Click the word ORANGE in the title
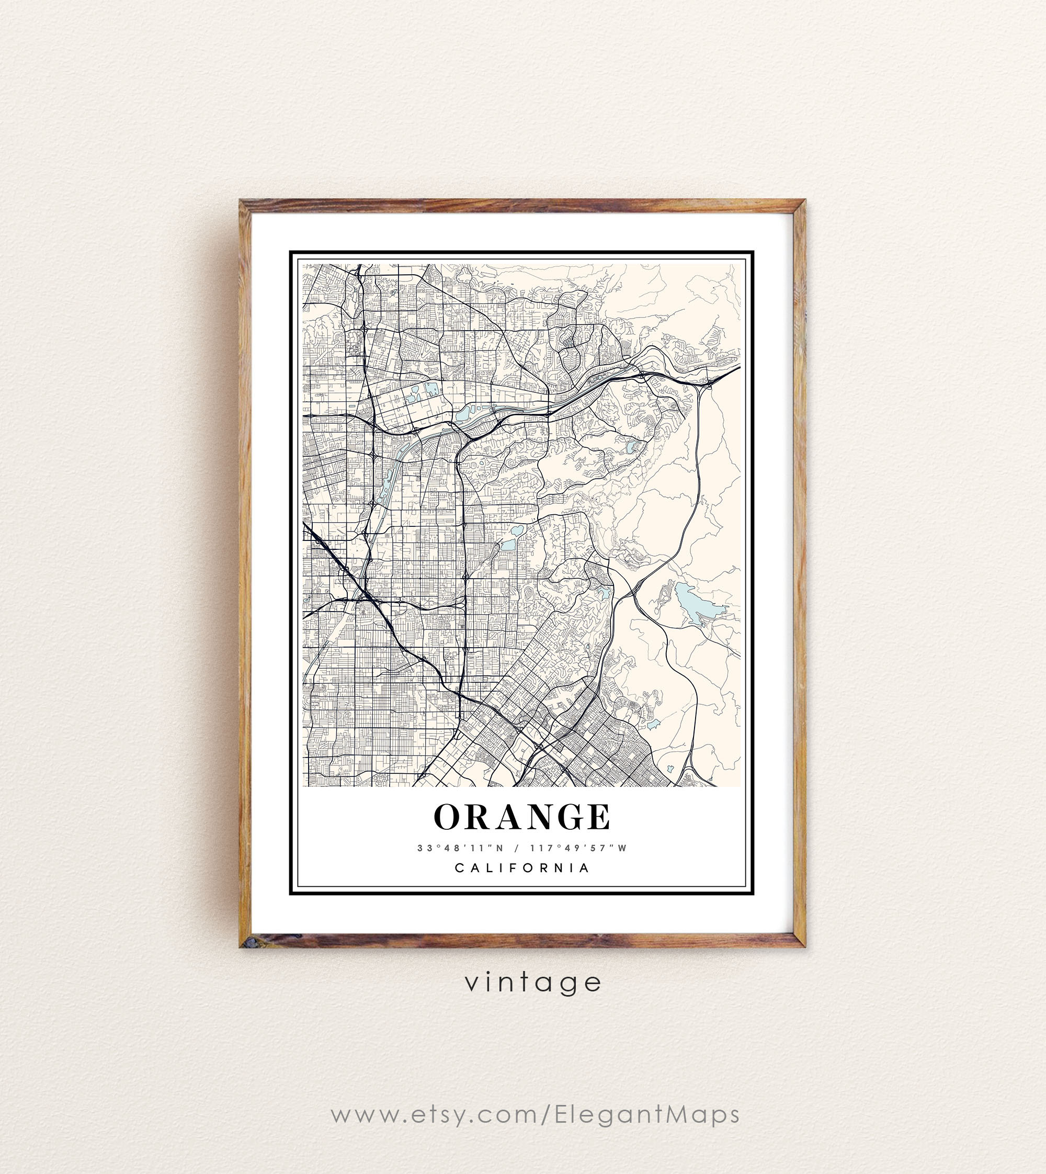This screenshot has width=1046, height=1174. pos(522,817)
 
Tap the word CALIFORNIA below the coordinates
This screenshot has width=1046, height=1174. pos(522,868)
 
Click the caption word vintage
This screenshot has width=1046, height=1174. pos(533,983)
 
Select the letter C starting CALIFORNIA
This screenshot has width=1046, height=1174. pos(459,868)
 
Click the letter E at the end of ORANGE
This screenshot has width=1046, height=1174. pos(599,817)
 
